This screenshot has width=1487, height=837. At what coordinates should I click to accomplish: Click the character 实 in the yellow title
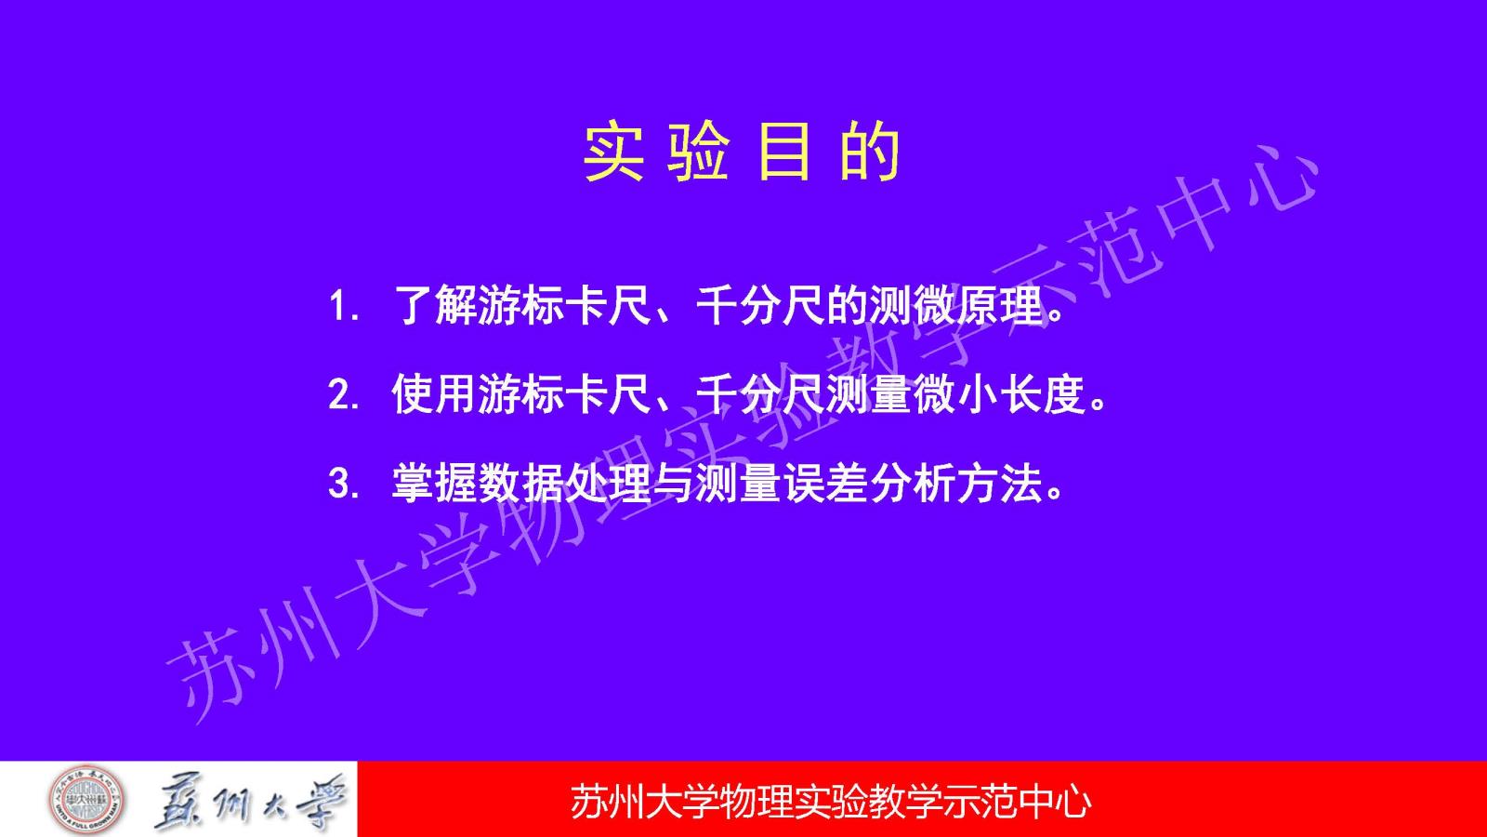[613, 152]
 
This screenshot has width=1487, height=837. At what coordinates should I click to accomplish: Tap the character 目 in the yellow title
[784, 152]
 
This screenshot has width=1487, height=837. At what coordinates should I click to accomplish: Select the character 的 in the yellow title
[870, 152]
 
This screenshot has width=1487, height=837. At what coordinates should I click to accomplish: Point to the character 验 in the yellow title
[698, 152]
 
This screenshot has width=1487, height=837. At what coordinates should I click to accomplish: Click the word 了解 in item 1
[436, 306]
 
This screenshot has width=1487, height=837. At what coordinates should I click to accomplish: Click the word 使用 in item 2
[434, 394]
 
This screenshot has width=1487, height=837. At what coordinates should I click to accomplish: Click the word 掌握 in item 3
[434, 483]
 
